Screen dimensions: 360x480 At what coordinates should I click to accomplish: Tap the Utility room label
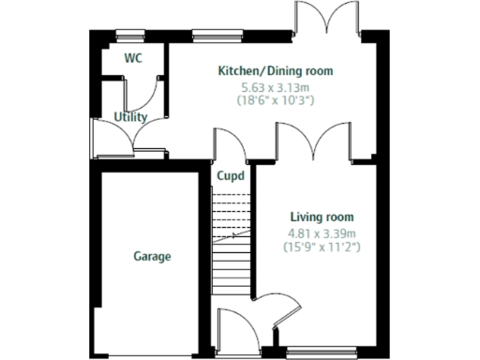[x=129, y=117]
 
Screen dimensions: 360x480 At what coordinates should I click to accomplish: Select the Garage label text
[x=152, y=256]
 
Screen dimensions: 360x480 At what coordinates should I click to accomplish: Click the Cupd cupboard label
[x=232, y=176]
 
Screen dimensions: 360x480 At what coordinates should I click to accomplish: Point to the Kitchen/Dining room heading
[x=275, y=71]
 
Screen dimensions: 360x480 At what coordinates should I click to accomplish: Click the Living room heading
[x=322, y=217]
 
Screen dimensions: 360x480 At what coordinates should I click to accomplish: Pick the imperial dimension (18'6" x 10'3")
[x=275, y=98]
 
